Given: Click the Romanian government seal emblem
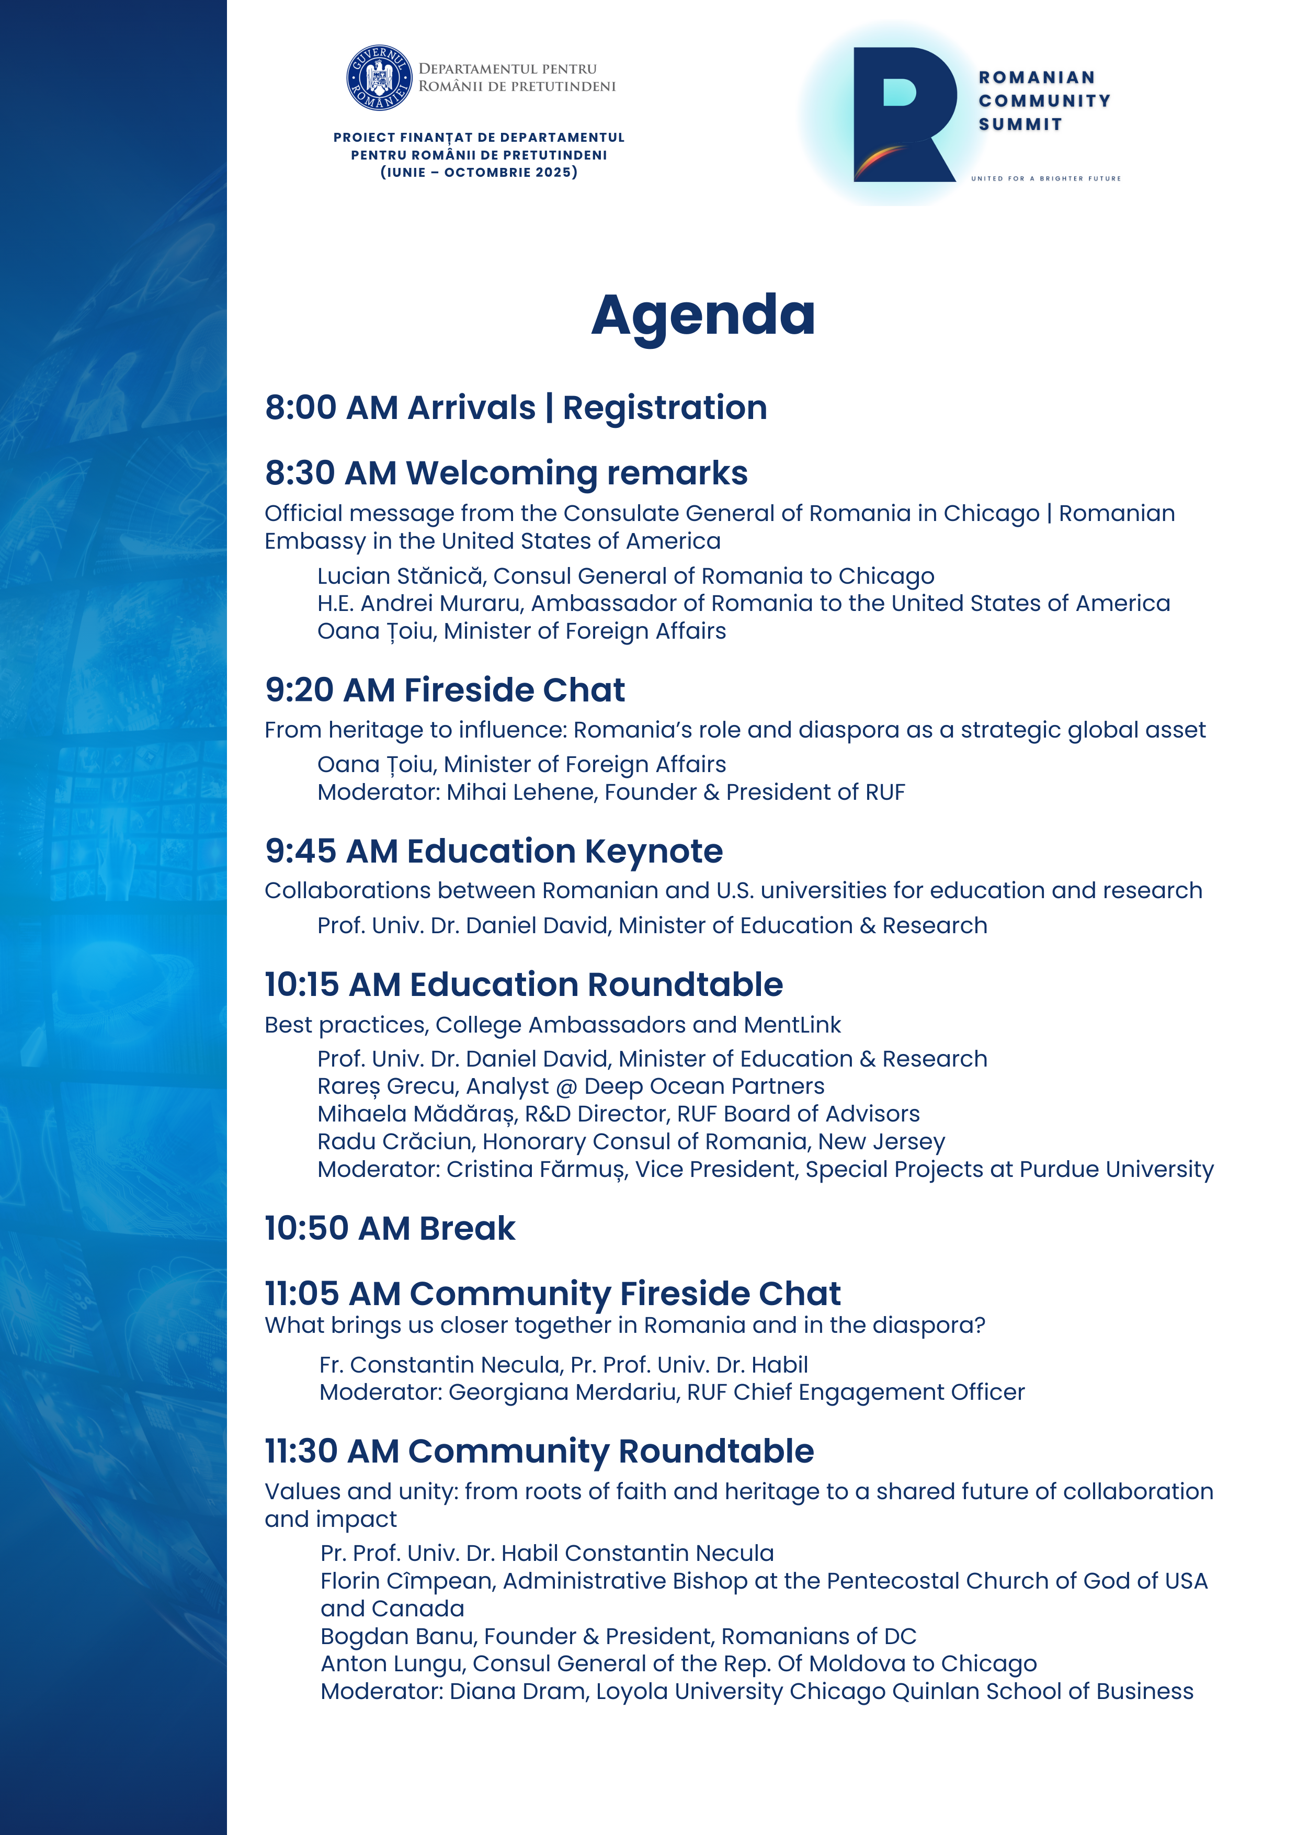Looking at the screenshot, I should pos(379,77).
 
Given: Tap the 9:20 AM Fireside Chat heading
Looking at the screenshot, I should pos(445,690).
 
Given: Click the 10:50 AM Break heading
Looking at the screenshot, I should pos(390,1228).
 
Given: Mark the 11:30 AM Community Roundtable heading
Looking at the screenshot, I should pos(539,1452).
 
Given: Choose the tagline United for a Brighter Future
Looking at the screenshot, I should pos(1045,178).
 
